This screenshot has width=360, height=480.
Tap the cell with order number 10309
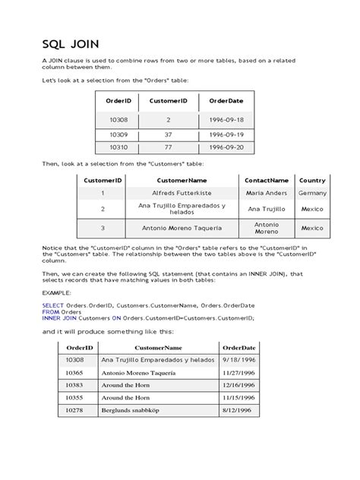(118, 134)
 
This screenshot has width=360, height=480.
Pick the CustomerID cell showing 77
(169, 147)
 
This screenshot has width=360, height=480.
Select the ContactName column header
(266, 181)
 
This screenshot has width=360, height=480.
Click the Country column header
(312, 181)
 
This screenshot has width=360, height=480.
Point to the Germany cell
(312, 194)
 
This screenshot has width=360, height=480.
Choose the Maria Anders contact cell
(266, 194)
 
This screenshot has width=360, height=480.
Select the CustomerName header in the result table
(158, 347)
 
